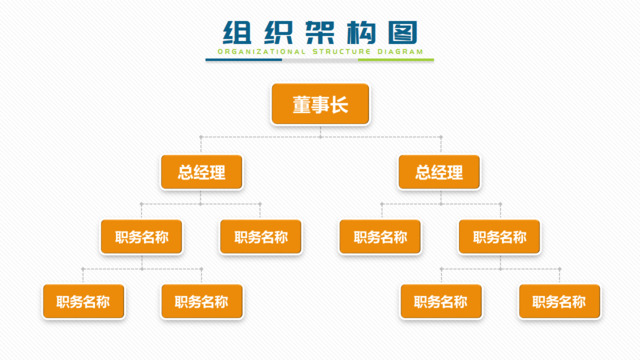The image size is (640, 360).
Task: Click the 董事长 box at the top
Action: click(x=320, y=104)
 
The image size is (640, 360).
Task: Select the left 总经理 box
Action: click(x=201, y=172)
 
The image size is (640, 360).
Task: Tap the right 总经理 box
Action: click(x=439, y=172)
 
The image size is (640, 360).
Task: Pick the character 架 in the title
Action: click(x=319, y=32)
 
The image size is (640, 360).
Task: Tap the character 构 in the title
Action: click(x=361, y=32)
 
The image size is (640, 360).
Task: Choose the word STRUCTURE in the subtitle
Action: click(x=336, y=50)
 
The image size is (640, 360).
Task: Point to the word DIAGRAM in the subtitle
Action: click(x=399, y=50)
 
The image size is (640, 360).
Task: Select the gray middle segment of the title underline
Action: click(x=320, y=60)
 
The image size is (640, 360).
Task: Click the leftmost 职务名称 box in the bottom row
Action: click(x=83, y=301)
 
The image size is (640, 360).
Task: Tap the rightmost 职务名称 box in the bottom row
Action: click(x=559, y=301)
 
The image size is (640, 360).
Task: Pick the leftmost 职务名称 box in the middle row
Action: click(x=141, y=237)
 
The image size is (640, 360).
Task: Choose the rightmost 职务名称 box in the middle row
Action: click(x=499, y=237)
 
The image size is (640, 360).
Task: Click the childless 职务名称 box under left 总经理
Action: click(x=261, y=237)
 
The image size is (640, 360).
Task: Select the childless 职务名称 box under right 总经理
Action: click(x=380, y=237)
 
